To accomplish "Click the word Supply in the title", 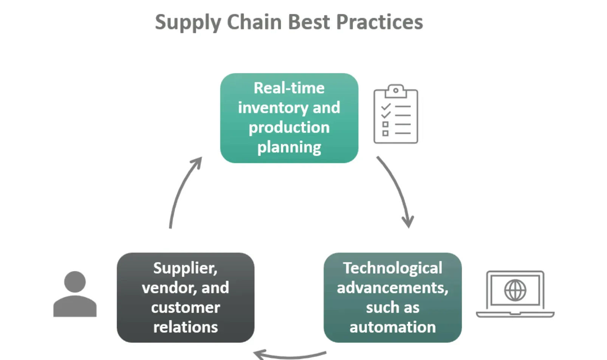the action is point(188,23).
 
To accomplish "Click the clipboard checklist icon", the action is point(396,114).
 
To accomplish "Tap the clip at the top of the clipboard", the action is point(396,91).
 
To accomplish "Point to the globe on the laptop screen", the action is point(515,290).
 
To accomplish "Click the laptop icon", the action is point(515,294).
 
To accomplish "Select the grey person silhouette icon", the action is point(75,294).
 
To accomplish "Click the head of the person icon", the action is point(75,282).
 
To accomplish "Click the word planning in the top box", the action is point(289,148).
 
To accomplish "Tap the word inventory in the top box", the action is point(273,108).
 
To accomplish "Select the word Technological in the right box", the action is point(393,268).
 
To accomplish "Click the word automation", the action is point(393,327).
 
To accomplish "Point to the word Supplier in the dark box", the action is point(185,268).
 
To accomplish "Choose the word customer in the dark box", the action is point(185,308).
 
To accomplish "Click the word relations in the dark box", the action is point(185,327).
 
